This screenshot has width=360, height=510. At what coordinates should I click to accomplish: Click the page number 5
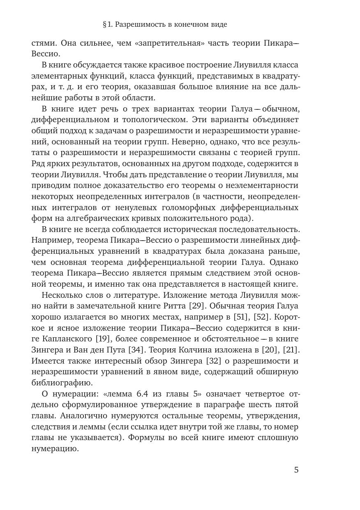click(296, 470)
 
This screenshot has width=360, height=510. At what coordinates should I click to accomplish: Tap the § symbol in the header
click(105, 25)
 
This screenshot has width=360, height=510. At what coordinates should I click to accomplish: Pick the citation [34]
click(135, 350)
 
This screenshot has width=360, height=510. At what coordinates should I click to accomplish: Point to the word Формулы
click(144, 438)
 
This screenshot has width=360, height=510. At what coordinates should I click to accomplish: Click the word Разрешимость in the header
click(140, 25)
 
